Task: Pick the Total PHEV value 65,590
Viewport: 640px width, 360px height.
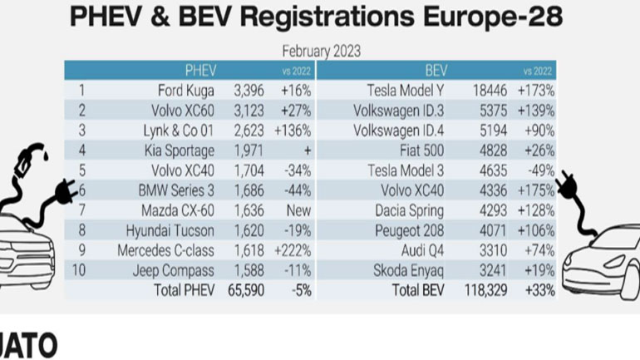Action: [246, 289]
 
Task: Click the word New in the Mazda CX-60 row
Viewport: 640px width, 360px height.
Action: [297, 210]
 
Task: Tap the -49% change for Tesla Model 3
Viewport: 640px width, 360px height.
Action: [537, 170]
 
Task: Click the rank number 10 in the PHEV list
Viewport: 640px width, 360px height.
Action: [81, 269]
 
